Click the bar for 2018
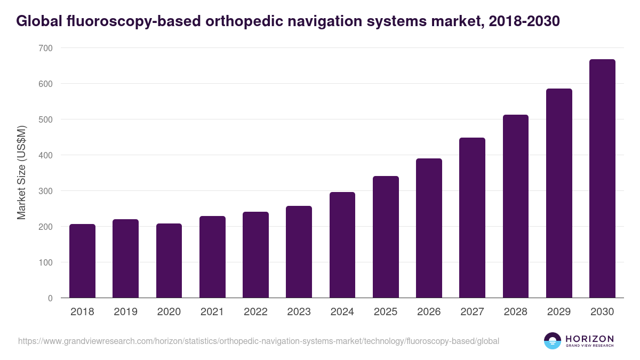pos(82,261)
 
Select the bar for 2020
pos(169,261)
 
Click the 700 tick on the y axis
pos(46,48)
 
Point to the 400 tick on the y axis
pos(46,155)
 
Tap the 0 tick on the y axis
pos(50,298)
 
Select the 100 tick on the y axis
pos(46,262)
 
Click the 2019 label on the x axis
pos(126,312)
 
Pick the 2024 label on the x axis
pos(342,312)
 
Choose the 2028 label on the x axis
pos(516,312)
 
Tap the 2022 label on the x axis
pos(255,312)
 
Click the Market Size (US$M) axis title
pos(21,173)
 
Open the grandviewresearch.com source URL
pos(259,341)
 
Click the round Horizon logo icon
pos(553,341)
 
